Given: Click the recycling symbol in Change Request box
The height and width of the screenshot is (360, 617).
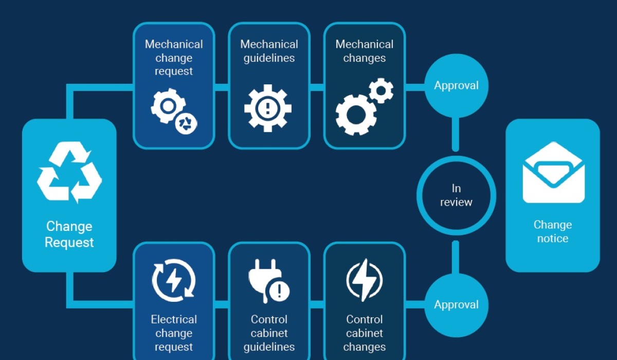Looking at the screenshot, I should pos(69,172).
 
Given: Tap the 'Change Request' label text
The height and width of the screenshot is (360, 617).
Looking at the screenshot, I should pos(69,234).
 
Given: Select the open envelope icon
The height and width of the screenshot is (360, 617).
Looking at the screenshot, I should pos(553,172).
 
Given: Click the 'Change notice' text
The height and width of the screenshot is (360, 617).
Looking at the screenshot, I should pos(553,231).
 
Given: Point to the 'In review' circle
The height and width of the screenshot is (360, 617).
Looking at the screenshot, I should pos(456,195).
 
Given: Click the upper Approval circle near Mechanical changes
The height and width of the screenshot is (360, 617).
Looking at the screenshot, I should pos(456,85).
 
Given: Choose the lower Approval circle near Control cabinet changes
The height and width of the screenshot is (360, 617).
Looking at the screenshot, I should pos(456,304).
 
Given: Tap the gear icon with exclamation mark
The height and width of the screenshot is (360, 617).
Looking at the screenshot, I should pos(268,108).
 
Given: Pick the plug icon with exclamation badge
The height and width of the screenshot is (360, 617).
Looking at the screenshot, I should pos(268,280).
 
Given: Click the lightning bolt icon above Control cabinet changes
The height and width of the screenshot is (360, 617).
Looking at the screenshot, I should pos(364,280).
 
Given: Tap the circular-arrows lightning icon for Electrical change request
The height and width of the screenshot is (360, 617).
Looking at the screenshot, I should pos(174,280).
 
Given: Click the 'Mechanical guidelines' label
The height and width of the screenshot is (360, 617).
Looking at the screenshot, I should pos(269,51).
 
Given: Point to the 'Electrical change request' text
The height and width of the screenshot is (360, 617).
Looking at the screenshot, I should pos(174,333).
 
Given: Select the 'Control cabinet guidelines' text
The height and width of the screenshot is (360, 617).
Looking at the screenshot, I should pos(269,333).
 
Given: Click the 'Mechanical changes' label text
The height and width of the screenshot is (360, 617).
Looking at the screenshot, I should pos(364,51).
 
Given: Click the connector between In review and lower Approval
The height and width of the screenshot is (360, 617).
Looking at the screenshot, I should pos(456,256).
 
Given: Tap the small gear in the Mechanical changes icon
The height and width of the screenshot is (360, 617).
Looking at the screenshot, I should pos(381,91).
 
